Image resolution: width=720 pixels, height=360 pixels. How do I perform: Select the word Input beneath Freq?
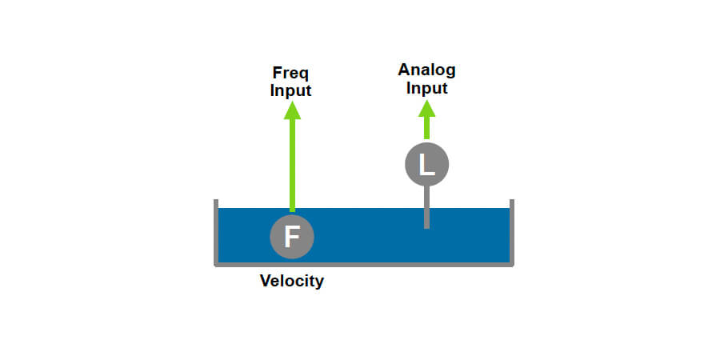pos(290,90)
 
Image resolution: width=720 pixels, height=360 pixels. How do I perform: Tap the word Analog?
pos(426,70)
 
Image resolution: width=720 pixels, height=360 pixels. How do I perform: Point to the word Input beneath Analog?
pos(426,87)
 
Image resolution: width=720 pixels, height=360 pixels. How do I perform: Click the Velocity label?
pos(291,281)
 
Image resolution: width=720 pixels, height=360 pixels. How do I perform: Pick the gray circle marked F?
pos(292,236)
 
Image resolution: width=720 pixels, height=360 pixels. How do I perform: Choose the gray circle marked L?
pos(426,165)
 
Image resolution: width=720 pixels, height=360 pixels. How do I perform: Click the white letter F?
pos(292,236)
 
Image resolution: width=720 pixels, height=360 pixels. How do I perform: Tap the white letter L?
pos(427,165)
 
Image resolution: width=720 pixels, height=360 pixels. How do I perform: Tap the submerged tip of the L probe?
pos(426,226)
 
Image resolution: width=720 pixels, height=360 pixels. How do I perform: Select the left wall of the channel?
pos(216,232)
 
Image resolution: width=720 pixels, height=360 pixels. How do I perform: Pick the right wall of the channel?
pos(511,232)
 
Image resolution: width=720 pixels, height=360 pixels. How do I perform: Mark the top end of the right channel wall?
pos(511,202)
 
